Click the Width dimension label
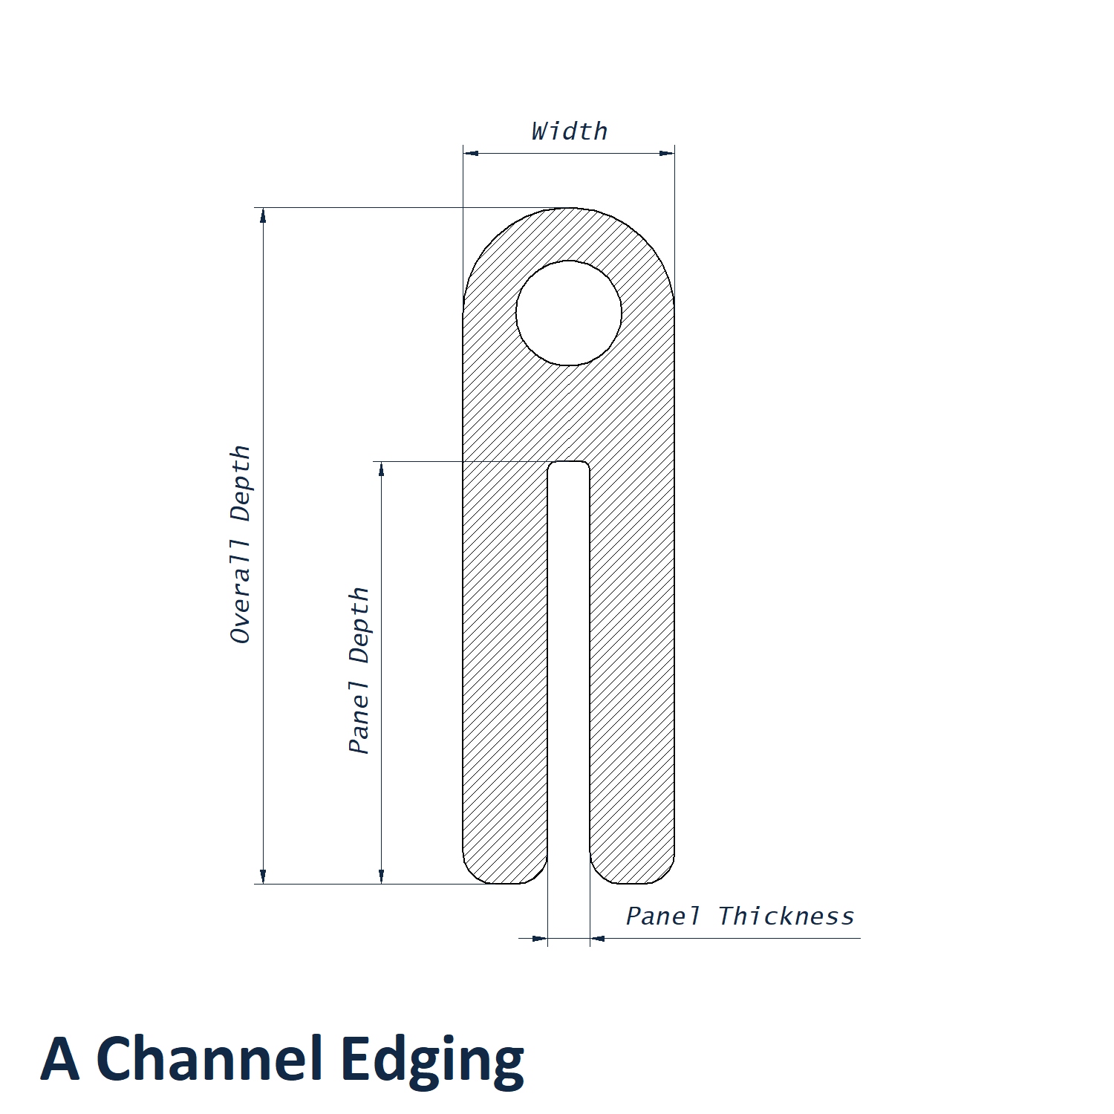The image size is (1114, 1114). (570, 131)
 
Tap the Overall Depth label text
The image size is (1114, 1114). (240, 544)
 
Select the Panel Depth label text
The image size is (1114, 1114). (359, 671)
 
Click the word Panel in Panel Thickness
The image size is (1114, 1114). (662, 916)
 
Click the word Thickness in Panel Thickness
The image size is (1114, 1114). (786, 916)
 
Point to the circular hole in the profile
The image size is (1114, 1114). (569, 313)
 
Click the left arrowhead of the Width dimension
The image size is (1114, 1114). (471, 153)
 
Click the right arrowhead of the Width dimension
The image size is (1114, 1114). (667, 153)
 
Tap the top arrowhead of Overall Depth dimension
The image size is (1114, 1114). (263, 215)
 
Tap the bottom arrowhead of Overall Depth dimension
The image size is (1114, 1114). (263, 876)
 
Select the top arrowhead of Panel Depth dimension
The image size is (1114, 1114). (382, 469)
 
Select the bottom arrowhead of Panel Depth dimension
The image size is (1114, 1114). (382, 876)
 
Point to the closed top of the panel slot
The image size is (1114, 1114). (569, 463)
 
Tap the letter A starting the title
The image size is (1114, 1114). (60, 1058)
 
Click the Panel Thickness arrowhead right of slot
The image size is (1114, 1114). (598, 938)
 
